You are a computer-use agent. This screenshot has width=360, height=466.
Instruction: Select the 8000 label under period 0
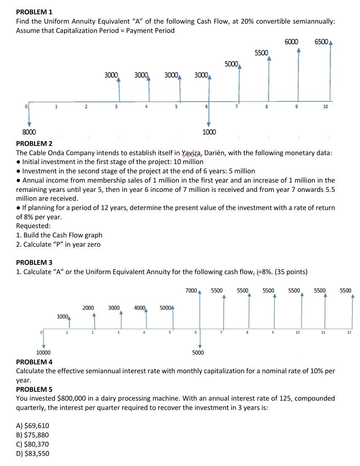[29, 132]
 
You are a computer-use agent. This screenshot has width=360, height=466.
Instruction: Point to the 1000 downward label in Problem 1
[209, 132]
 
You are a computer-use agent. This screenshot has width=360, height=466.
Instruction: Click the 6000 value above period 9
[292, 42]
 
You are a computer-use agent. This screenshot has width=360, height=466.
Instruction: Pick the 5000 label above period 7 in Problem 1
[231, 64]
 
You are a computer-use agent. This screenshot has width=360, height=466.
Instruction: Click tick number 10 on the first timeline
[325, 107]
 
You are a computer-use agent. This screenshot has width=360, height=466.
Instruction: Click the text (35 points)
[291, 272]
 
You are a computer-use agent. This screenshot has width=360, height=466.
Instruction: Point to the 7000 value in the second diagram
[191, 291]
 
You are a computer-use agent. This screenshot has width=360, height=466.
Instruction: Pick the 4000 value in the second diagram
[140, 308]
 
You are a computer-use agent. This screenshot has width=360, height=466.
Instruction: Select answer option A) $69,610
[32, 426]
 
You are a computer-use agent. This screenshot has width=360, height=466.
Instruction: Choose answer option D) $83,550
[32, 453]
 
